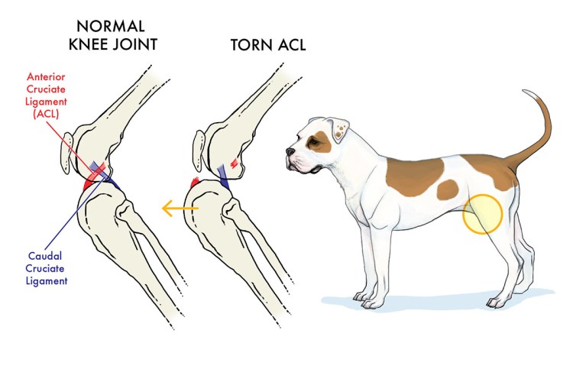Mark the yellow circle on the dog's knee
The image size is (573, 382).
tap(482, 213)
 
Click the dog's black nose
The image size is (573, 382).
tap(290, 153)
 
